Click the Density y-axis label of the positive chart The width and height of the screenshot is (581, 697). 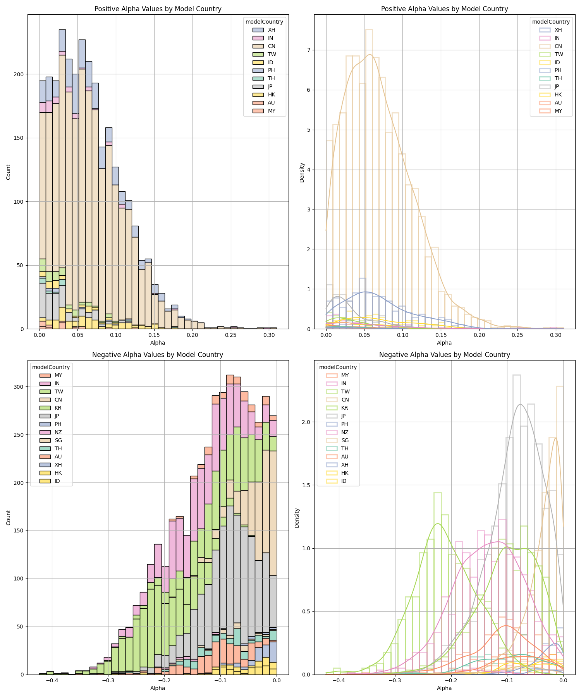point(302,172)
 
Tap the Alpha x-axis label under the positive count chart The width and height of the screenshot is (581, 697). point(158,343)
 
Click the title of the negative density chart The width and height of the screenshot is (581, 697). point(444,355)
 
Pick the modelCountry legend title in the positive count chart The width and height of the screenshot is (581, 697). point(264,22)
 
